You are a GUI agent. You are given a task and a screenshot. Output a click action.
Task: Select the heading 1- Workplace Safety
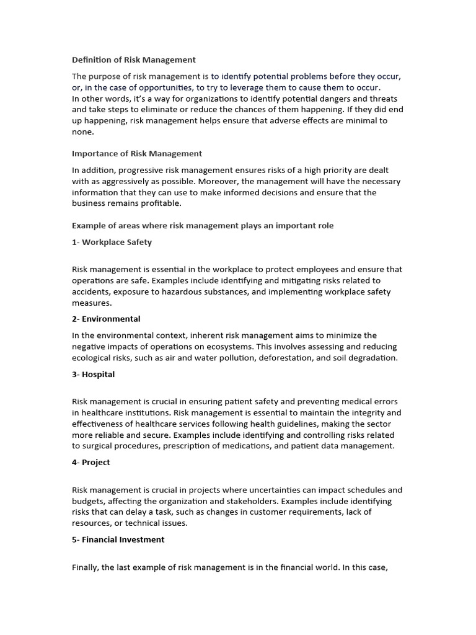pos(112,242)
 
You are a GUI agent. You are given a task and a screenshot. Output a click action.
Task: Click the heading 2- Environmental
pos(106,319)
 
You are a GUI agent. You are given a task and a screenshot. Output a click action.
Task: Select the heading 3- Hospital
pos(94,374)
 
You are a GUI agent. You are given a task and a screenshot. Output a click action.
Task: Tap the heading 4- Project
pos(91,462)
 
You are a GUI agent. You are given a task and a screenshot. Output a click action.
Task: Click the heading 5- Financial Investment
pos(118,540)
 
